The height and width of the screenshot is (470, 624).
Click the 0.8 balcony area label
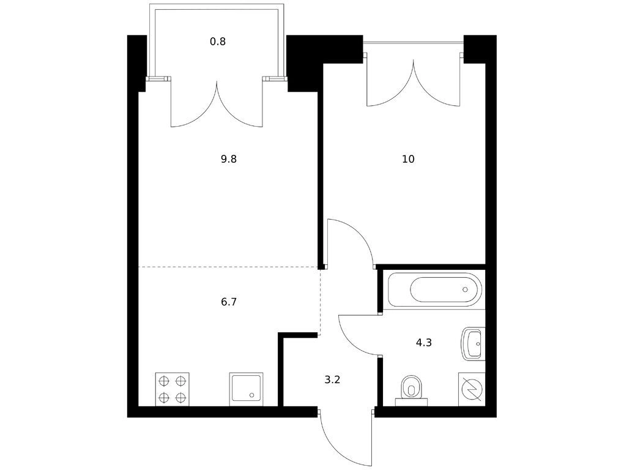click(x=218, y=42)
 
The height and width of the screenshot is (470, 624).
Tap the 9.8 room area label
click(x=229, y=159)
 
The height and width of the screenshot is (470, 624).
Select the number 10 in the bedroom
click(x=408, y=159)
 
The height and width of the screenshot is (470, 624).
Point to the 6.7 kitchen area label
click(x=229, y=302)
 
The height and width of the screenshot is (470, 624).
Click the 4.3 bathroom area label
click(x=424, y=342)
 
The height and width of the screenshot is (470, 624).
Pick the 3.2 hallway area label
click(x=332, y=379)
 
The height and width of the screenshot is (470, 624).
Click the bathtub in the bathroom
click(x=434, y=289)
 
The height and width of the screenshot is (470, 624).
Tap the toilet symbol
click(x=411, y=390)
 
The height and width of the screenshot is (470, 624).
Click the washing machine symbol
click(x=472, y=389)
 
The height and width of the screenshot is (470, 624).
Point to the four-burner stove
click(x=173, y=389)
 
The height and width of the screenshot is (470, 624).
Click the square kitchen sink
click(x=246, y=389)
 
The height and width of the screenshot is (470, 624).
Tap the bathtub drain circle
click(x=465, y=289)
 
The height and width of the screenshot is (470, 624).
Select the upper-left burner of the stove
click(x=163, y=381)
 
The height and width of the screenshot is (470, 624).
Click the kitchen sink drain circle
click(x=251, y=395)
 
